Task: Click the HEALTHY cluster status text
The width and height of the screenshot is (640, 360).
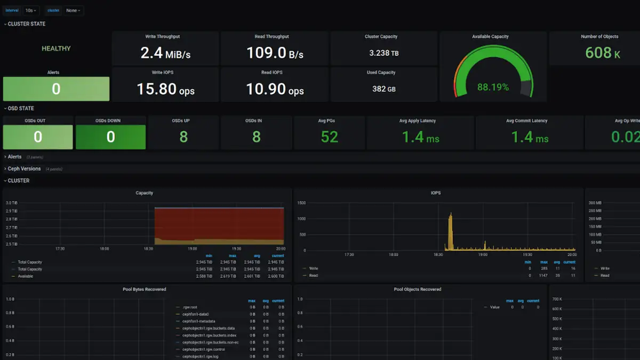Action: tap(56, 49)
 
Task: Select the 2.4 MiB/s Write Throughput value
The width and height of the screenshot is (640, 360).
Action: tap(165, 53)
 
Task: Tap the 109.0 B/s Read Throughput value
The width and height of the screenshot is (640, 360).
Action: tap(275, 53)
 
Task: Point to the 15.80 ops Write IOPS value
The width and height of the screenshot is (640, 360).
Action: tap(165, 89)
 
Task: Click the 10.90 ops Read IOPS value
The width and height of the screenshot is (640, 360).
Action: tap(275, 89)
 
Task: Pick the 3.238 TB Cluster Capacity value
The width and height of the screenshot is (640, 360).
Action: tap(383, 53)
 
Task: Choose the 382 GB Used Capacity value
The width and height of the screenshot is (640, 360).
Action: tap(383, 89)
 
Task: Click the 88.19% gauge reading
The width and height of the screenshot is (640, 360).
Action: tap(493, 87)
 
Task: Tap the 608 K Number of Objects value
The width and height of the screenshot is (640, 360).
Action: tap(602, 53)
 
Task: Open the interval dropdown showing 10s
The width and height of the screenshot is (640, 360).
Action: tap(31, 10)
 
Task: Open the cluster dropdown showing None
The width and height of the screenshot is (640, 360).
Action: tap(73, 10)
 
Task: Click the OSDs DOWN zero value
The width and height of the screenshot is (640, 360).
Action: tap(110, 137)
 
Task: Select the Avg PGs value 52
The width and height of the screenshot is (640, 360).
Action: tap(329, 137)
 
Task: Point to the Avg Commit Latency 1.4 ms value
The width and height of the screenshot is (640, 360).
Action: tap(530, 137)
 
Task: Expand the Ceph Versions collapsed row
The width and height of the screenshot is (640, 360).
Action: tap(24, 169)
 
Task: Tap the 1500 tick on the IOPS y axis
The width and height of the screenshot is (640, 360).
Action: tap(301, 203)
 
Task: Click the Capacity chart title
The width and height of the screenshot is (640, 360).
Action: tap(144, 193)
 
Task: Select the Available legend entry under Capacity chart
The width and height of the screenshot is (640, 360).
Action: tap(25, 276)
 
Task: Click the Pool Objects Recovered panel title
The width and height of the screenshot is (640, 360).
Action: tap(418, 289)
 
